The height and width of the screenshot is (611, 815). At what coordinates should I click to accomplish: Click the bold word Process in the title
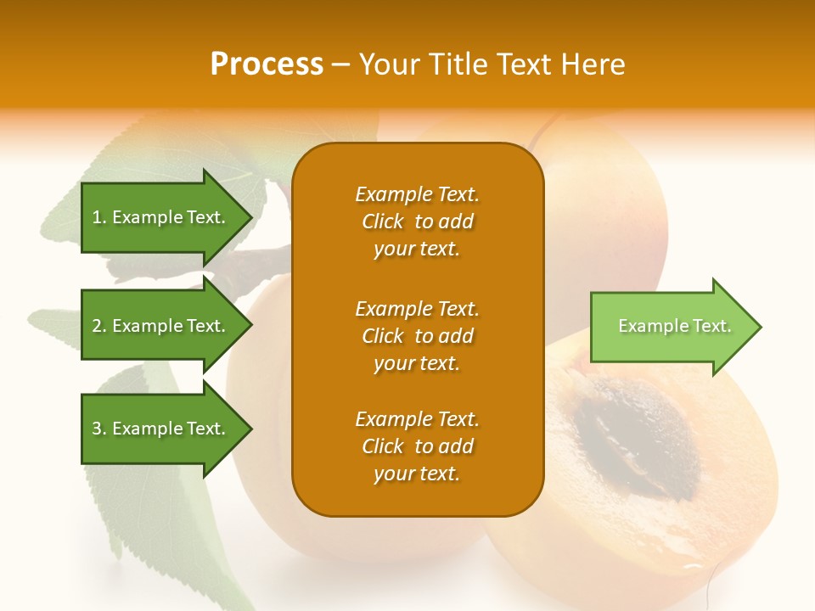point(267,64)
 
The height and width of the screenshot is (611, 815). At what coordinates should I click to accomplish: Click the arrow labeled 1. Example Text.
point(161,217)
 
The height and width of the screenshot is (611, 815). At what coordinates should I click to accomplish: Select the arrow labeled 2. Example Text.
point(161,326)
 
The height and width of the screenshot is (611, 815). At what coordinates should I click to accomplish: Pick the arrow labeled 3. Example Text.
point(161,429)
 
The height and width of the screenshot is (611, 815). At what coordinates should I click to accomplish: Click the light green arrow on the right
point(671,327)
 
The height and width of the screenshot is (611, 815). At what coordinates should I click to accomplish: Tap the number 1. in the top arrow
point(99,217)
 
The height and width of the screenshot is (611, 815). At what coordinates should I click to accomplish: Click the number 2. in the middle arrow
point(99,326)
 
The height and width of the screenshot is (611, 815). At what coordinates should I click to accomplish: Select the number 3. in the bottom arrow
point(99,429)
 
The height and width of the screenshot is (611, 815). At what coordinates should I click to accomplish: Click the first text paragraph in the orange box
point(417,221)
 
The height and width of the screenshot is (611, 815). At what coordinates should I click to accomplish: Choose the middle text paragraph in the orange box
point(417,336)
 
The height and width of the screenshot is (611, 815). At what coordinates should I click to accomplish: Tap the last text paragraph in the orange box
point(417,446)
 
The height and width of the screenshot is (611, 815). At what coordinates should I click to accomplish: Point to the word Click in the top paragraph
point(383,221)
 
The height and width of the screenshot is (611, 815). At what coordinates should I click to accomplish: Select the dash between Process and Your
point(341,65)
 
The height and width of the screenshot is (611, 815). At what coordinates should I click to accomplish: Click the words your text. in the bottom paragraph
point(417,474)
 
